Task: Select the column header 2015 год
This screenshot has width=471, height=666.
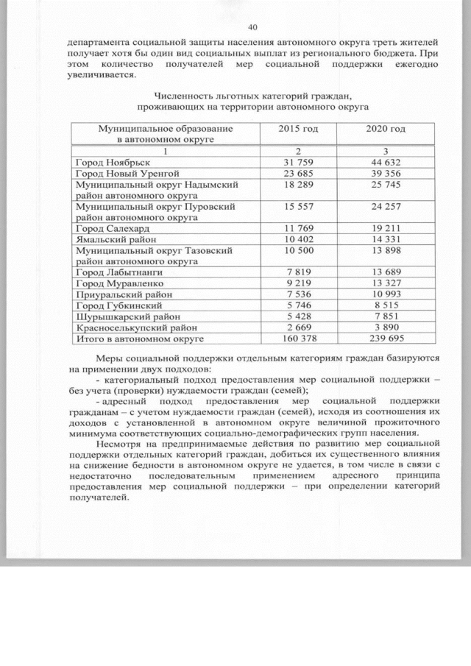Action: point(298,129)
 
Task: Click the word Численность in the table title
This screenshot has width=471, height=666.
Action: point(181,96)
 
